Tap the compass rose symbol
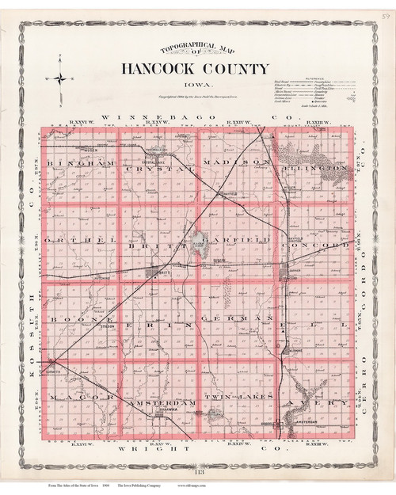pos(58,78)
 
